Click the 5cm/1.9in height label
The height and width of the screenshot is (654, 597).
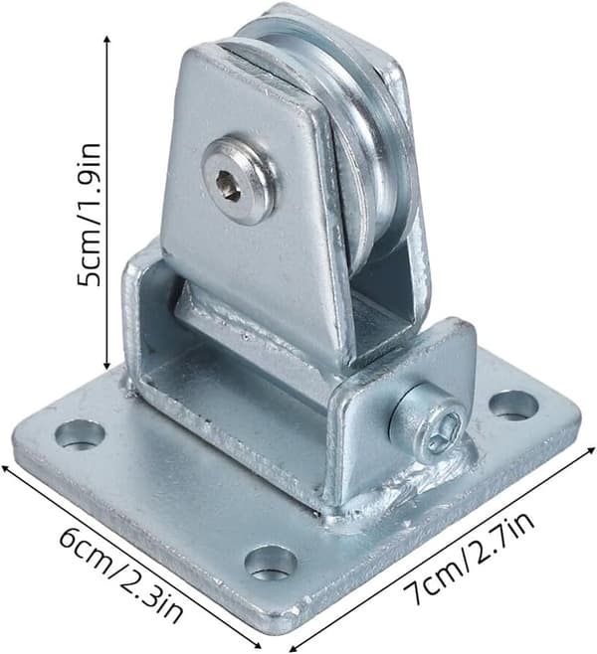[x=89, y=215]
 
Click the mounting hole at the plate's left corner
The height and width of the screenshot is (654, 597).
[x=80, y=434]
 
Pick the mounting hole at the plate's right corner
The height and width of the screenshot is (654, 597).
[x=513, y=405]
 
